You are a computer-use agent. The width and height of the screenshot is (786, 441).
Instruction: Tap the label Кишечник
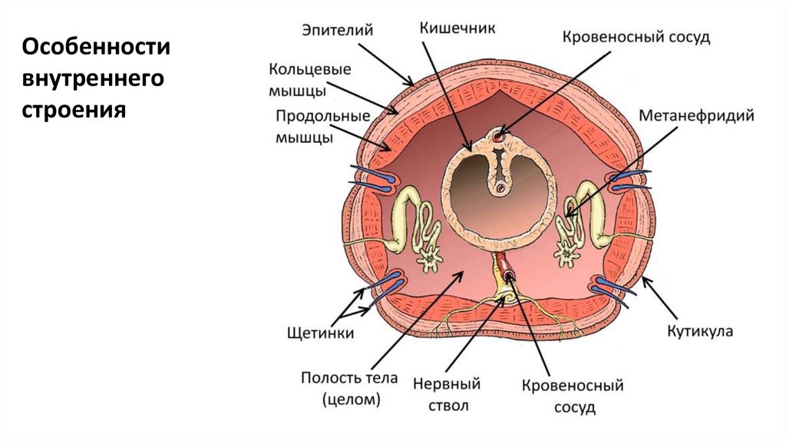(457, 28)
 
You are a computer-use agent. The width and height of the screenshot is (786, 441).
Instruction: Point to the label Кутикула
(699, 331)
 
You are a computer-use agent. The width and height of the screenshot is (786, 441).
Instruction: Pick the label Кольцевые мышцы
(309, 80)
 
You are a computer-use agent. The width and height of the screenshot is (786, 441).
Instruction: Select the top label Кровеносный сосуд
(636, 37)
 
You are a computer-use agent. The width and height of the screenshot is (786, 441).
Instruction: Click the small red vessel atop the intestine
(500, 138)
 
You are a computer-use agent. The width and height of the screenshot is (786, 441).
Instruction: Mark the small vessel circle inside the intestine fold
(500, 187)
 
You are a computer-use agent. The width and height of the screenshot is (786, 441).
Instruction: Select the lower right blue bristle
(614, 287)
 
